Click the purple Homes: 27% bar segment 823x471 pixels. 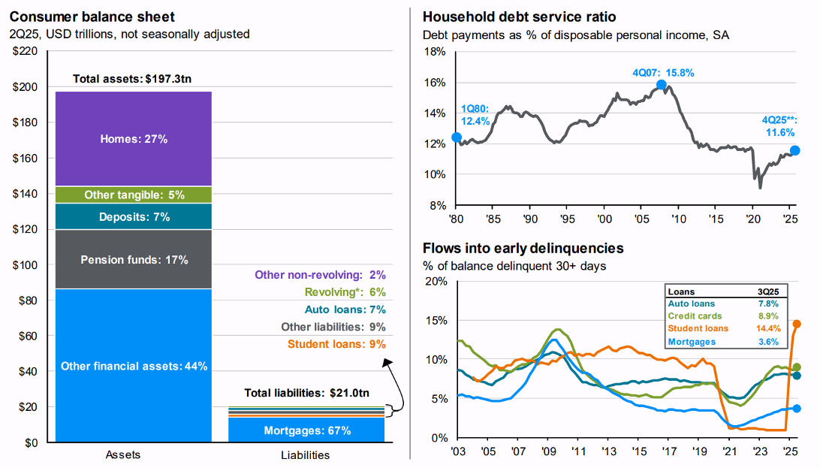point(134,138)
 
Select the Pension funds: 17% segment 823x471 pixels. point(134,260)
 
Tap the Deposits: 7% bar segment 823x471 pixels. point(134,217)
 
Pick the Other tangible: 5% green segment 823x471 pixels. point(134,195)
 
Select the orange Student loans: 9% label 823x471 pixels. point(336,344)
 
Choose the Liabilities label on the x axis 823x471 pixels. point(305,455)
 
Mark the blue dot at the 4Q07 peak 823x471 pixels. point(662,86)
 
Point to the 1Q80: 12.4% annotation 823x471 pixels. point(475,115)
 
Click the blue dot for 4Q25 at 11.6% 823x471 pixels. point(795,150)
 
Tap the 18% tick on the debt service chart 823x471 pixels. point(436,52)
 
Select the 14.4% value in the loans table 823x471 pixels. point(768,329)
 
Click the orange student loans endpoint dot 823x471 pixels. point(797,325)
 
